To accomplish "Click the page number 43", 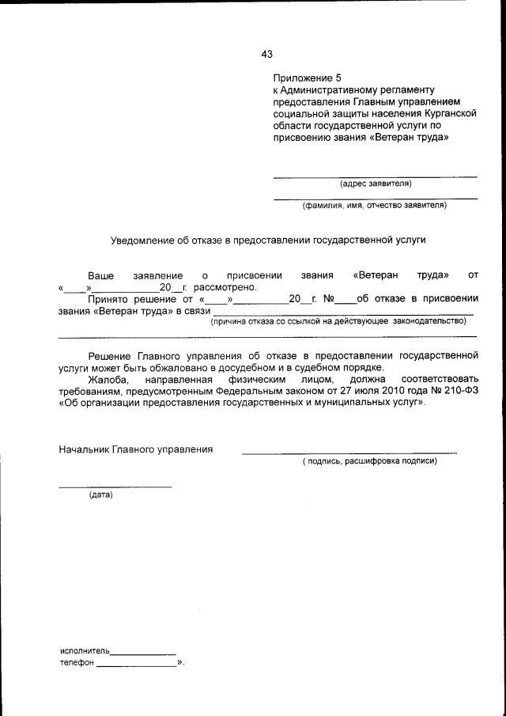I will click(266, 55).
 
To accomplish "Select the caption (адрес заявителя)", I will click(376, 184).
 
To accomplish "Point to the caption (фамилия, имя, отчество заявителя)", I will click(375, 206).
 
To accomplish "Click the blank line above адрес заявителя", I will click(375, 176).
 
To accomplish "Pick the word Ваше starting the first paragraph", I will click(100, 275).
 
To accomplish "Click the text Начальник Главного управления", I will click(136, 449).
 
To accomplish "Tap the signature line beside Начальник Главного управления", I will click(349, 453).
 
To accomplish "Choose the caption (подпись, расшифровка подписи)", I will click(369, 461).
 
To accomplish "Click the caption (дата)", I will click(100, 495).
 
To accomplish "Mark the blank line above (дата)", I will click(115, 486).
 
